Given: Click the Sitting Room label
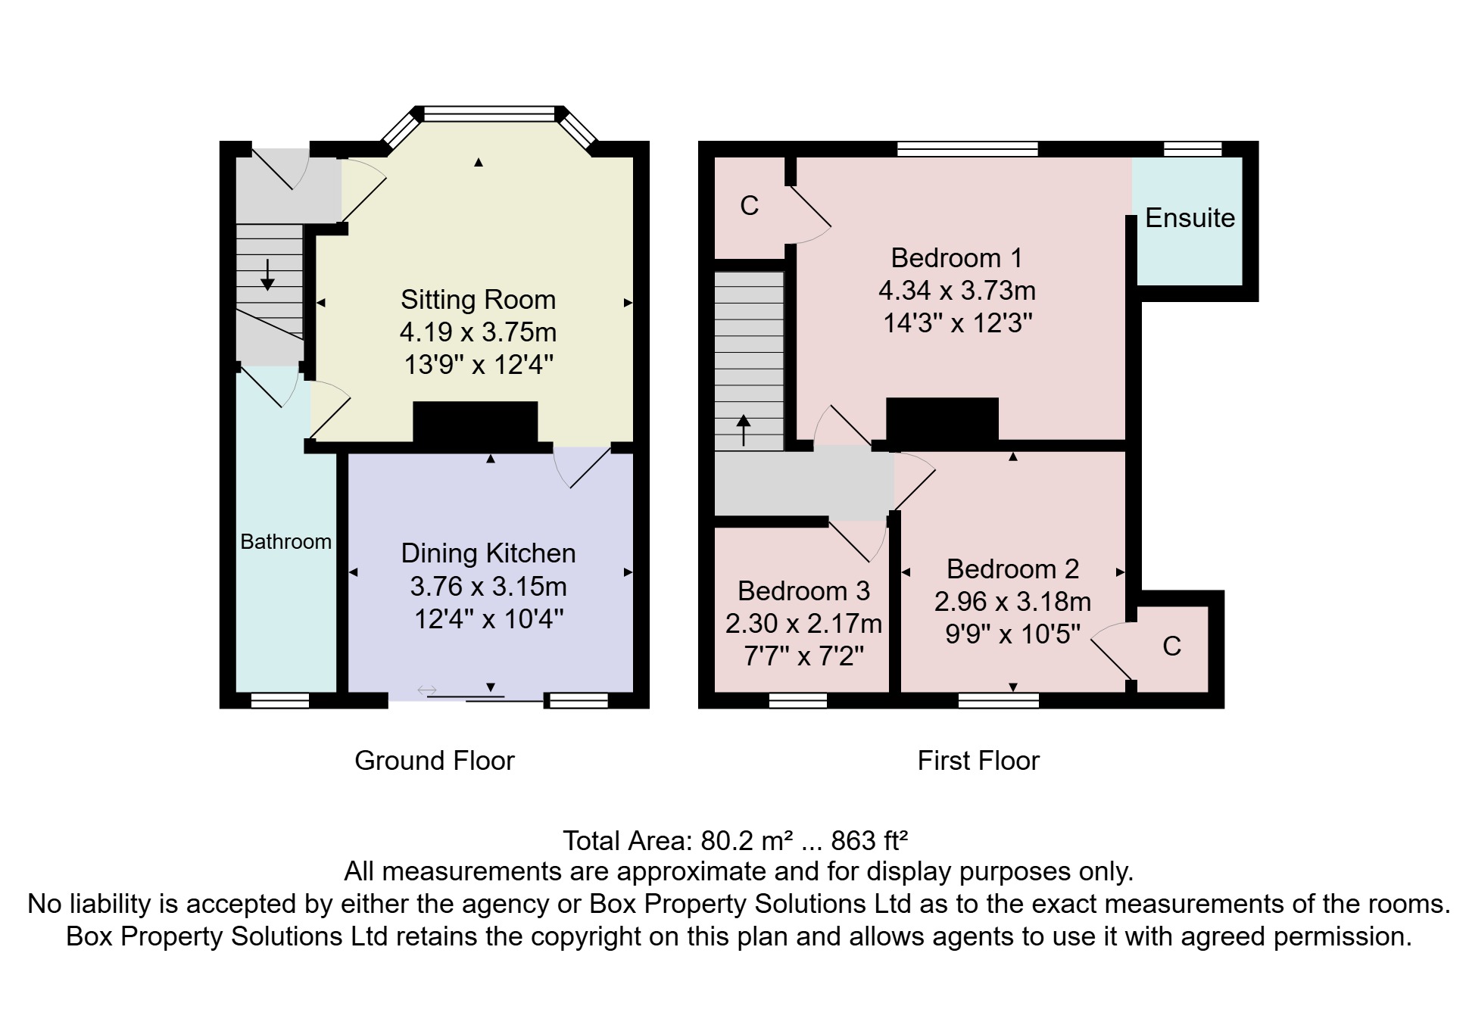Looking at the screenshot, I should click(478, 300).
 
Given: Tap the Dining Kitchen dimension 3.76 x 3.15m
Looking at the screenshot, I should click(488, 587).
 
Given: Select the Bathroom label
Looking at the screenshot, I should click(285, 542).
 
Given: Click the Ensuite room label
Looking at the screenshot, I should click(1190, 218).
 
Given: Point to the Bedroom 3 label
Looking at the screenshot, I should click(803, 591).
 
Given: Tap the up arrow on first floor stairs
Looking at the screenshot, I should click(744, 430).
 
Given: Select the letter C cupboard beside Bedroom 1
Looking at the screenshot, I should click(749, 206).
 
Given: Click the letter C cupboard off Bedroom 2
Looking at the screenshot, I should click(1171, 646).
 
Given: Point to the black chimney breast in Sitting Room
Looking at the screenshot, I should click(475, 422).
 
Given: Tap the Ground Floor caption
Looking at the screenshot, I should click(434, 761).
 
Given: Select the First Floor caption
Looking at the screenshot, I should click(978, 761).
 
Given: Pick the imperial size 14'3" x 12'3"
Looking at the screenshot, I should click(957, 324).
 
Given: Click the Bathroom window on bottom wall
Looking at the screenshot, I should click(280, 701).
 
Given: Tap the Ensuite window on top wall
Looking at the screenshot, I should click(1192, 149).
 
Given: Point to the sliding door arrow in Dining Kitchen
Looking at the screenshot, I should click(427, 690).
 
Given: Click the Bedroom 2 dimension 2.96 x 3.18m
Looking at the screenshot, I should click(1012, 602).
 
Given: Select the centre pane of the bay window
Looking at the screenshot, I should click(489, 114).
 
